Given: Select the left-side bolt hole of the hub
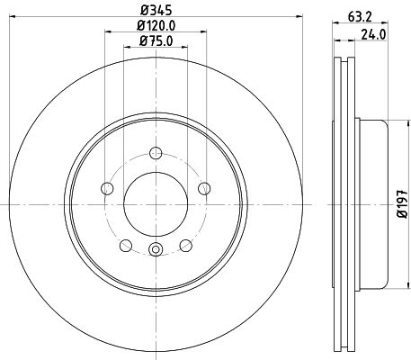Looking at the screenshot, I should pos(108,188).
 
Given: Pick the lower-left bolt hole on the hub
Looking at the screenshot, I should pos(125,245).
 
